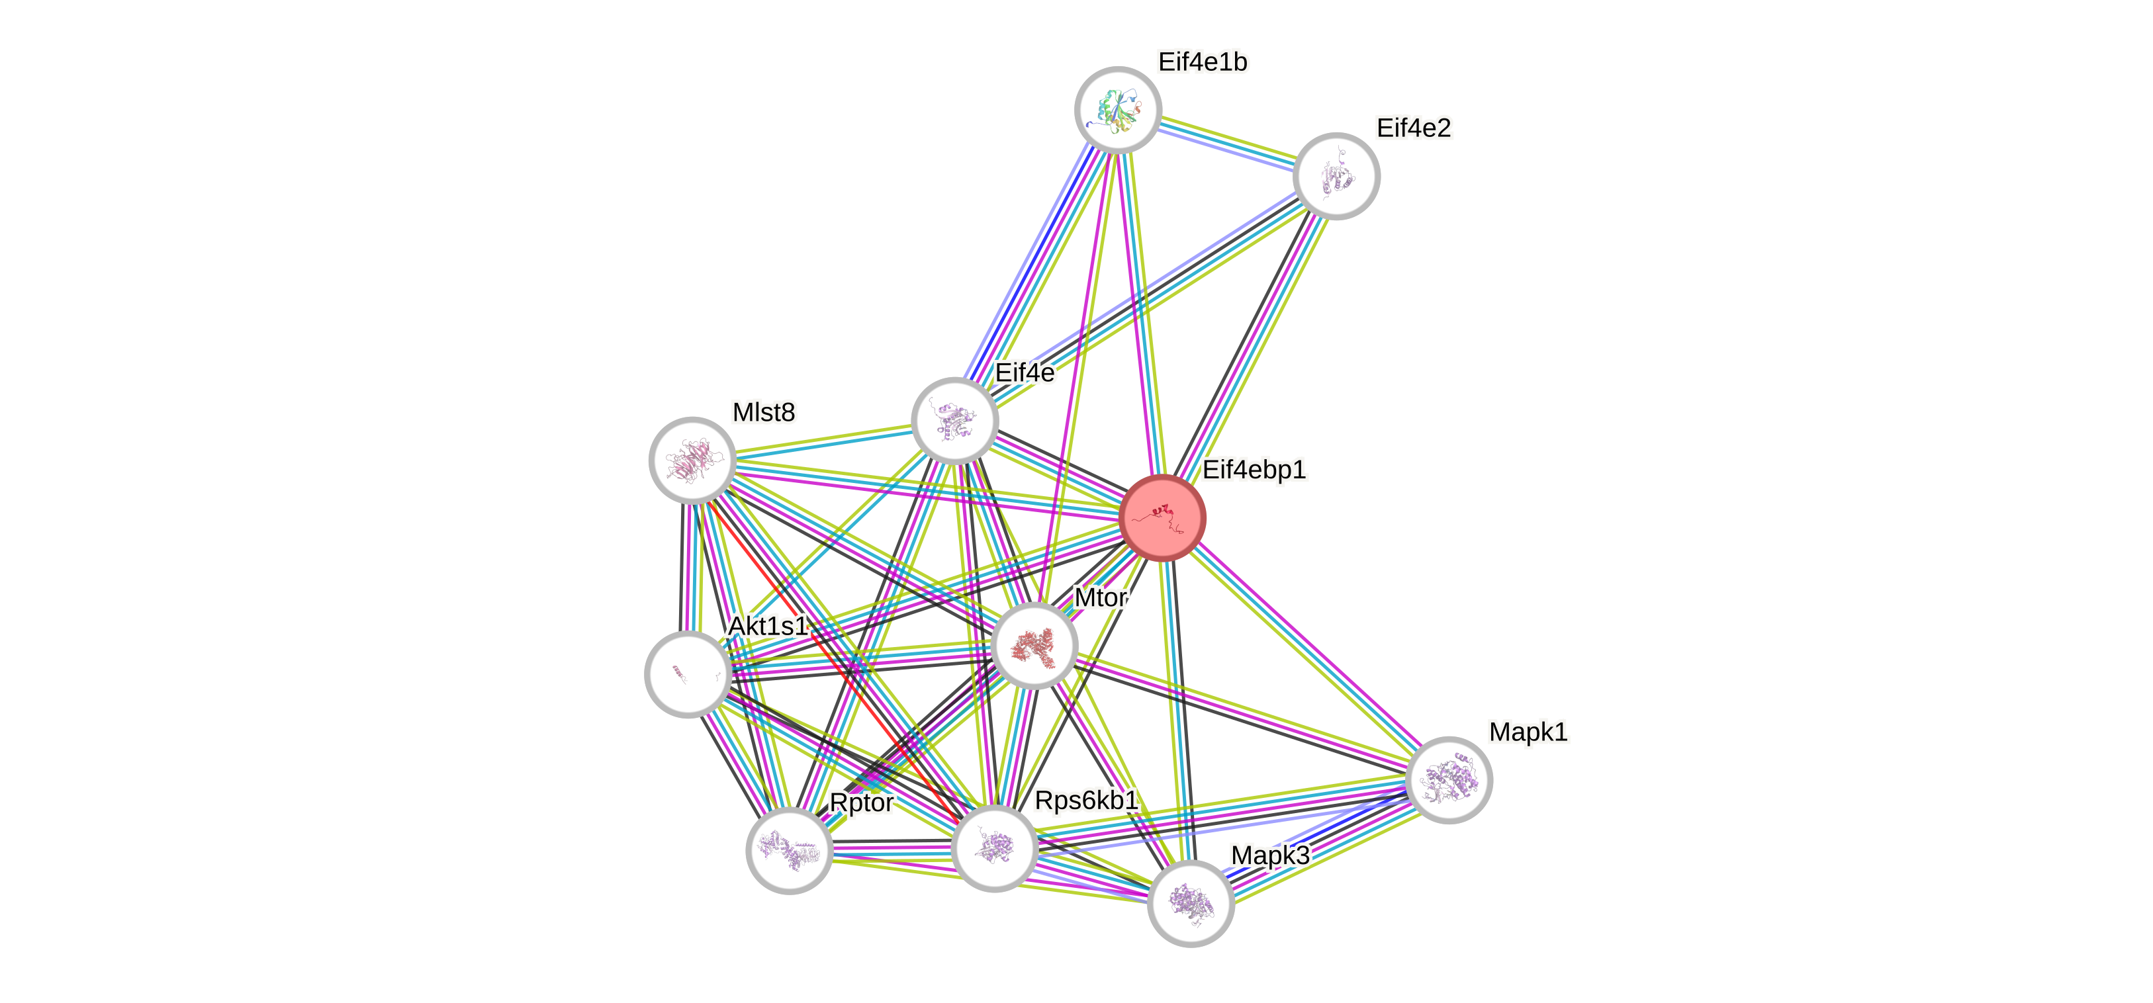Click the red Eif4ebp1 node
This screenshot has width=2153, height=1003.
click(x=1162, y=517)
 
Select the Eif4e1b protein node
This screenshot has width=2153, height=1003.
click(x=1117, y=109)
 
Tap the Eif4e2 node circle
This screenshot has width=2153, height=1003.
click(x=1336, y=177)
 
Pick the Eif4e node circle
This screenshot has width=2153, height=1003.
click(x=954, y=419)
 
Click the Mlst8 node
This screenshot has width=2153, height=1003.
click(x=692, y=460)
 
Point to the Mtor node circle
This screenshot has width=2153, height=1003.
click(x=1034, y=645)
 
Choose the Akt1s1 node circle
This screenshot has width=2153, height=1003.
click(x=688, y=674)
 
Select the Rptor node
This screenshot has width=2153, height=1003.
click(x=789, y=850)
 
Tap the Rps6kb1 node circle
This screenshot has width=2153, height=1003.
click(x=993, y=848)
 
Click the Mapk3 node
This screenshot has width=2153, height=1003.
click(x=1190, y=902)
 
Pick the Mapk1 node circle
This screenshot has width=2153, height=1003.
click(x=1448, y=780)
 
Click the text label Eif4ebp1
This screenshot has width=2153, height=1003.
click(x=1254, y=470)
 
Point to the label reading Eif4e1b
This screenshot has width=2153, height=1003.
click(x=1203, y=62)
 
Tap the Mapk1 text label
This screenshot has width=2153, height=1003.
click(x=1528, y=731)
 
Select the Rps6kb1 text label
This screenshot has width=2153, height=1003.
click(x=1085, y=800)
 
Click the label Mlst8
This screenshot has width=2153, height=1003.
click(x=763, y=412)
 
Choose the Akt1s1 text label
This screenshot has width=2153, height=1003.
click(x=767, y=625)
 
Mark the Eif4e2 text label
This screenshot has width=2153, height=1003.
click(x=1414, y=128)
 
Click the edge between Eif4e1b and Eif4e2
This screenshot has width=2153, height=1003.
click(x=1226, y=143)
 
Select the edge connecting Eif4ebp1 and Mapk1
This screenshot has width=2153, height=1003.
click(x=1304, y=648)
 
